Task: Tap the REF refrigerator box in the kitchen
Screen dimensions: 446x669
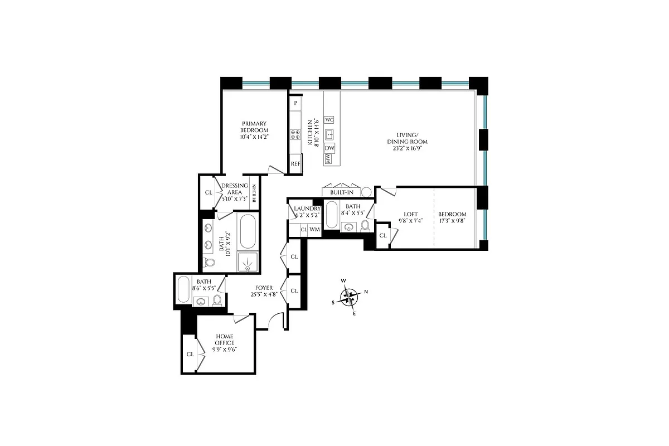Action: pyautogui.click(x=295, y=164)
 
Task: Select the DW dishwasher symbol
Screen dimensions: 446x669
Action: pyautogui.click(x=329, y=148)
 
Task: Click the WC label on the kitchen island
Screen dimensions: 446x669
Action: pyautogui.click(x=329, y=120)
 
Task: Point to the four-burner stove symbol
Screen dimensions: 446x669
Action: pyautogui.click(x=295, y=134)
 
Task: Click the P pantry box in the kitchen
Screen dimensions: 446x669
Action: pyautogui.click(x=295, y=103)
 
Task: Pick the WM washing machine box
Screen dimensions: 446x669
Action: pyautogui.click(x=314, y=229)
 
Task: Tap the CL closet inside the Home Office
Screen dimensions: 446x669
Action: pyautogui.click(x=190, y=354)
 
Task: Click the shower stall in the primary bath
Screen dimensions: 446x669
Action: pyautogui.click(x=248, y=261)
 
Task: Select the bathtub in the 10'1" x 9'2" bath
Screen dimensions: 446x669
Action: pyautogui.click(x=248, y=232)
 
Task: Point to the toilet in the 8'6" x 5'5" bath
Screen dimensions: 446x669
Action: pyautogui.click(x=217, y=300)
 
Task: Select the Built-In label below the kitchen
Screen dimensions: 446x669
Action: pyautogui.click(x=342, y=192)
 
